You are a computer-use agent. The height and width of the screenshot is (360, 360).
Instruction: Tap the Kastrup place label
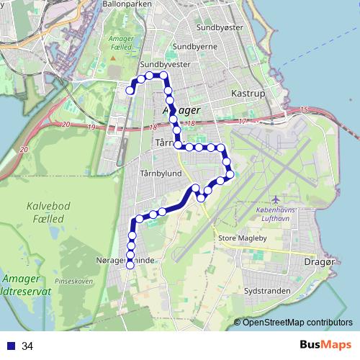pos(249,94)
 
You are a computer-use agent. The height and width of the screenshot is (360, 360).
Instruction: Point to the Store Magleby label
pos(241,237)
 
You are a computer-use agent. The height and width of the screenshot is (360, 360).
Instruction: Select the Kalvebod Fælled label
pos(49,211)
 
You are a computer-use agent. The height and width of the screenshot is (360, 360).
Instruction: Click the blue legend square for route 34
pos(11,346)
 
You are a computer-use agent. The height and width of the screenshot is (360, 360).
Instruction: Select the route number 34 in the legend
pos(28,346)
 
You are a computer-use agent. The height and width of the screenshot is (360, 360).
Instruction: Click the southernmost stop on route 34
pos(130,265)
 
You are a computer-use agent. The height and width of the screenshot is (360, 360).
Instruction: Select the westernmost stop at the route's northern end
pos(130,91)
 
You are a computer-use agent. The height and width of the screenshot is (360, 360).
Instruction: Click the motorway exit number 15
pos(304,109)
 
